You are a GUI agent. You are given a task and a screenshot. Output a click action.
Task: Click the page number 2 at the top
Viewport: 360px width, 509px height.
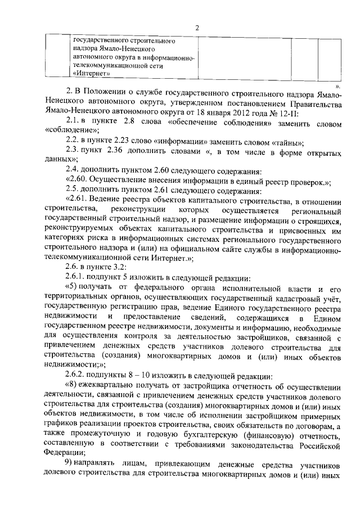(x=197, y=28)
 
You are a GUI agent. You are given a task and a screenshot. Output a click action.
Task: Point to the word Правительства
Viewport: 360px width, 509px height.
(x=316, y=103)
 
